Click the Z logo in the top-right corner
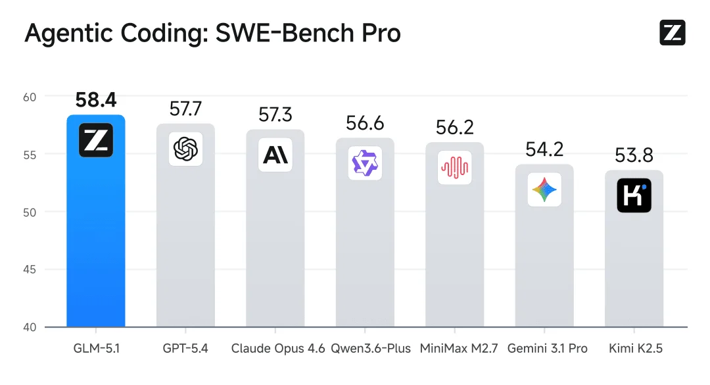(672, 32)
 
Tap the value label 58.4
(96, 100)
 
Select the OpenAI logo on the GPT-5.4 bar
(185, 149)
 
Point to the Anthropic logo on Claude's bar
(275, 155)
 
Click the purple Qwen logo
(364, 163)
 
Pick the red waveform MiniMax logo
(454, 168)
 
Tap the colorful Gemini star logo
(544, 190)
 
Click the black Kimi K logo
(634, 195)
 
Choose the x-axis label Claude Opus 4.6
(278, 349)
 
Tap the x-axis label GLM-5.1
(96, 349)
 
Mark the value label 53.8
(634, 156)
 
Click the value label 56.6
(365, 123)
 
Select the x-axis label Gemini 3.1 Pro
(547, 349)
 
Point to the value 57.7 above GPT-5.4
(185, 109)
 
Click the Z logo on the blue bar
(96, 140)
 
